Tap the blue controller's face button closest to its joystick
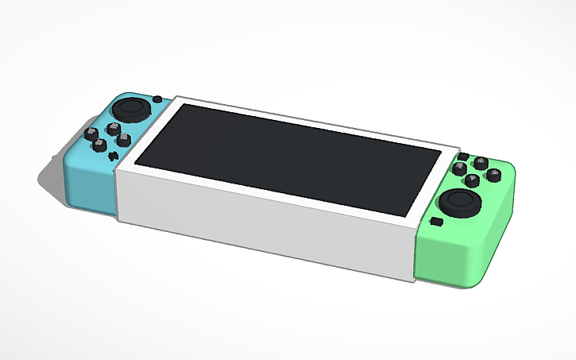tap(111, 127)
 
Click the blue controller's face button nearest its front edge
tap(101, 145)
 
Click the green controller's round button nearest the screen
tap(459, 168)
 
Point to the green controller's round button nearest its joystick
tap(472, 180)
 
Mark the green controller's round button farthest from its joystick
tap(481, 161)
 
